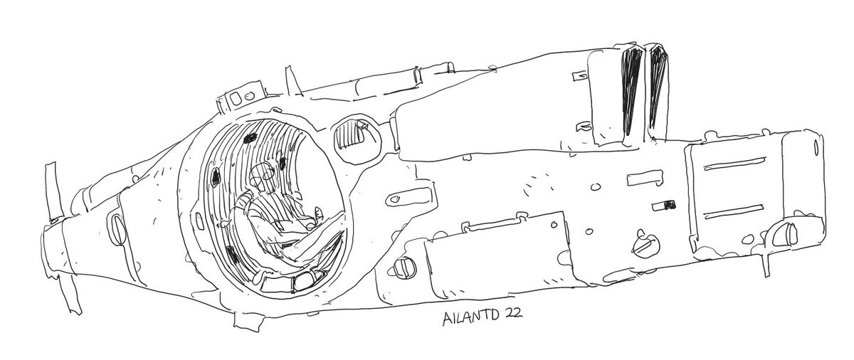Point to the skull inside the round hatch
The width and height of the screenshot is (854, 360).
pyautogui.click(x=260, y=174)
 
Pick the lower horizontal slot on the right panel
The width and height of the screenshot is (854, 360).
pyautogui.click(x=734, y=213)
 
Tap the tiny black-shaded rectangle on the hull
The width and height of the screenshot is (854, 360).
pyautogui.click(x=668, y=205)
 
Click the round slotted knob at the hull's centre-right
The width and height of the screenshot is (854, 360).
pyautogui.click(x=643, y=244)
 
